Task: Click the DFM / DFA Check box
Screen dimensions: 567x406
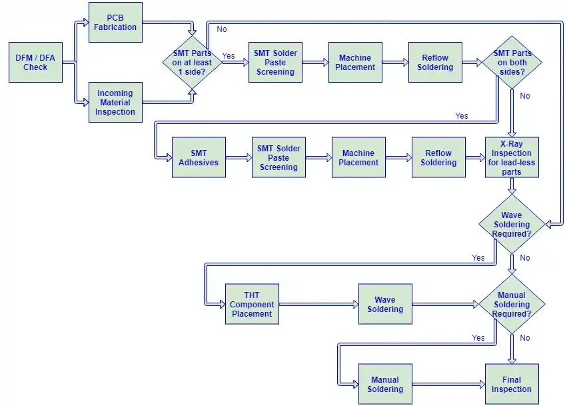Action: [x=35, y=62]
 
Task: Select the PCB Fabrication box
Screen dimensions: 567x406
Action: [x=115, y=23]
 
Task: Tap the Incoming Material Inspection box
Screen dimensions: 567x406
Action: [x=115, y=103]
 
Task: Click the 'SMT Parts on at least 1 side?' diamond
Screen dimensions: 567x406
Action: [x=192, y=62]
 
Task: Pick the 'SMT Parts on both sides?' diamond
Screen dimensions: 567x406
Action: [x=512, y=62]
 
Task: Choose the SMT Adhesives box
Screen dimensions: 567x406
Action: [x=199, y=157]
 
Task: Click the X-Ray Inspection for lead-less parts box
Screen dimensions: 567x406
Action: [x=512, y=157]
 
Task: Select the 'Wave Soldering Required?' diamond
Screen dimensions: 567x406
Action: [x=512, y=225]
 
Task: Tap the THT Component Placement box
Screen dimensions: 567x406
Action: [x=252, y=304]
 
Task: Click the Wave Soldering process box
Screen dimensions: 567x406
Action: [x=386, y=304]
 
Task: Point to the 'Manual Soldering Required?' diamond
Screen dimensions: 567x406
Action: [x=512, y=304]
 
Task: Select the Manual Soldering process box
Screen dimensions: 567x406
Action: [x=386, y=384]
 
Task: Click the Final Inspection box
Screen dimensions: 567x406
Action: [x=512, y=384]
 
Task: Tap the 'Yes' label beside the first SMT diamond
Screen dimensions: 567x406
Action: [x=229, y=56]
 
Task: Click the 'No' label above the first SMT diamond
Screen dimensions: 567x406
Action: [x=222, y=29]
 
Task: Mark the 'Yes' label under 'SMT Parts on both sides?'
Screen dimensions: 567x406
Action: [x=462, y=116]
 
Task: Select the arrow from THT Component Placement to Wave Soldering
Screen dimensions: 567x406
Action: [x=319, y=304]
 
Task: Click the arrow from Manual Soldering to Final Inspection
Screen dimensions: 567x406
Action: [x=449, y=384]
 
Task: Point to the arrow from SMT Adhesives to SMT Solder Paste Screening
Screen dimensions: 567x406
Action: [x=239, y=158]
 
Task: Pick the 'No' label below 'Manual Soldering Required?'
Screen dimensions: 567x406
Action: [x=525, y=338]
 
